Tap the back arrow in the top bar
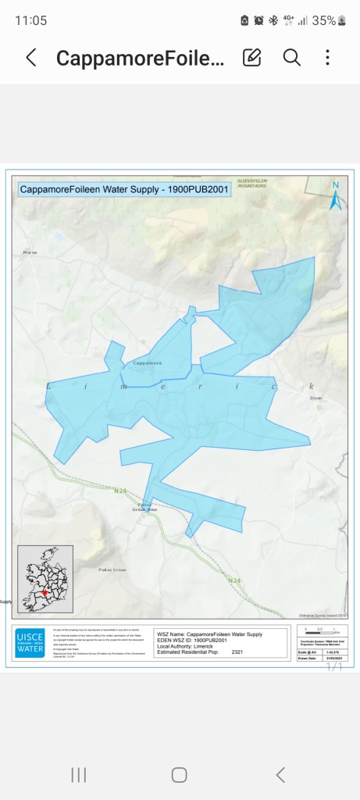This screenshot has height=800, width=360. coord(31,58)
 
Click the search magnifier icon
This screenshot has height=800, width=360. coord(291,58)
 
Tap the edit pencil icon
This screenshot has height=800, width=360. coord(251,58)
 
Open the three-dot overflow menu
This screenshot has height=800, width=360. coord(328,58)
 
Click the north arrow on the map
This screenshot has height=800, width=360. coord(335,197)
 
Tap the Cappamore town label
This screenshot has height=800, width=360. coord(148,362)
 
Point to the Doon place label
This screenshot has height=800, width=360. coord(315,398)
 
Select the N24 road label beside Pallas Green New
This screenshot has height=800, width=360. coord(119,491)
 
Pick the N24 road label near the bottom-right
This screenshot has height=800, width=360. coord(233,580)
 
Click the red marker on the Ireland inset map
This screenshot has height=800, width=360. coord(45,593)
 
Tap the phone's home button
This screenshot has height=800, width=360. coord(180,774)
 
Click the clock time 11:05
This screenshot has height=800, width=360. coord(31,20)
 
